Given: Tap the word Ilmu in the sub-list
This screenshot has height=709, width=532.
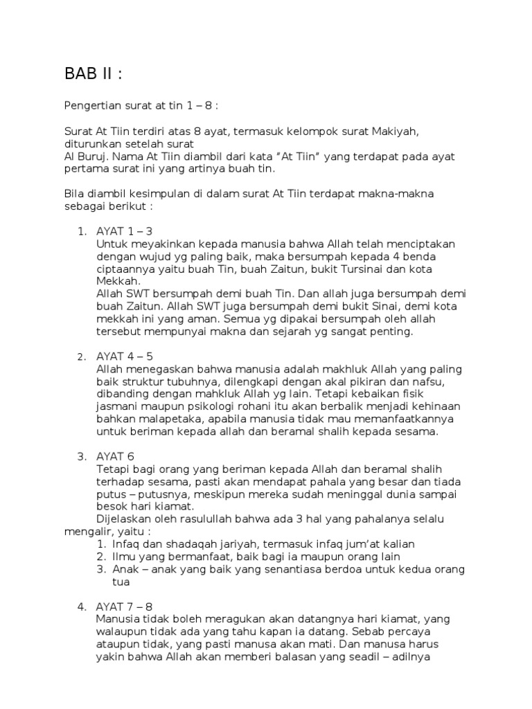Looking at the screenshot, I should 124,557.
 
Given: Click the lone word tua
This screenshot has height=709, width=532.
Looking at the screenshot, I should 121,582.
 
